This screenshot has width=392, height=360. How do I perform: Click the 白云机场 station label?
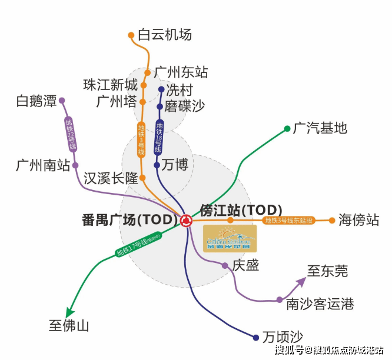pos(165,34)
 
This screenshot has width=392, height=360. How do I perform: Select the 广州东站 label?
pos(181,72)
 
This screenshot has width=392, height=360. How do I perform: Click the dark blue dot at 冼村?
pos(161,90)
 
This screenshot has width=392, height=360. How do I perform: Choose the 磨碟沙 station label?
pos(185,106)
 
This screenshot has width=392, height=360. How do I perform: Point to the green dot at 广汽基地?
pos(287,128)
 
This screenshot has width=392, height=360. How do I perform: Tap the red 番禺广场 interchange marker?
pos(186,221)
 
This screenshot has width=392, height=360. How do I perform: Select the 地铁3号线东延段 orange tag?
pos(290,221)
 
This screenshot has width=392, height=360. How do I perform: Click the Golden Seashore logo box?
pos(230,238)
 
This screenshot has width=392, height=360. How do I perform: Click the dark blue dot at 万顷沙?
pos(255,338)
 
